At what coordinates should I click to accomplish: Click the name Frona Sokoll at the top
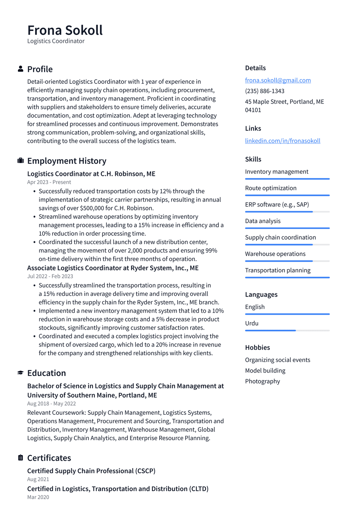(65, 30)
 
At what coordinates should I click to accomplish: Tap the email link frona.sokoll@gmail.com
(278, 80)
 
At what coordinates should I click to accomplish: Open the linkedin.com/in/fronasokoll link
(282, 141)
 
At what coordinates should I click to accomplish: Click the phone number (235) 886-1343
(264, 91)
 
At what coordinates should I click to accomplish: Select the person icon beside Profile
(20, 69)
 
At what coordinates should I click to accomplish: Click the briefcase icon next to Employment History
(20, 161)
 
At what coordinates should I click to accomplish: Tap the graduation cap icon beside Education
(20, 373)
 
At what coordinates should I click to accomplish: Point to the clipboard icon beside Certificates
(20, 458)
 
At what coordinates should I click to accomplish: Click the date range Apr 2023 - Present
(49, 182)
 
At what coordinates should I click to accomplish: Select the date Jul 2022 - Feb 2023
(50, 276)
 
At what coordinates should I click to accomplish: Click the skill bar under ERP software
(287, 212)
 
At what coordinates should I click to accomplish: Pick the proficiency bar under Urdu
(287, 331)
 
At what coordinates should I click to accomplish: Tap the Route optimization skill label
(271, 188)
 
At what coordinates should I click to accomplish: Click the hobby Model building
(265, 371)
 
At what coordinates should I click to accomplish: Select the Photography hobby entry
(262, 381)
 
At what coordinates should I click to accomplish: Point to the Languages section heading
(261, 294)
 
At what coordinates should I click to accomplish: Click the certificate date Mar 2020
(38, 497)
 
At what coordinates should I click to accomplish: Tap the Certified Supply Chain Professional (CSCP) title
(91, 471)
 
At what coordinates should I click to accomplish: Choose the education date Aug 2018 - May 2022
(51, 404)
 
